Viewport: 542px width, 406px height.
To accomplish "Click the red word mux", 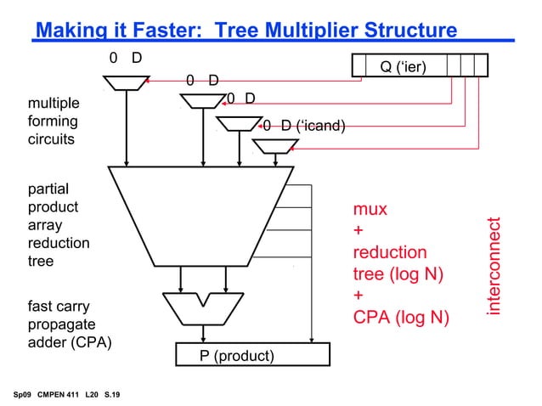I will point(370,209).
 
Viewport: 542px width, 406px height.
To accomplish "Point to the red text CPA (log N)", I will point(400,319).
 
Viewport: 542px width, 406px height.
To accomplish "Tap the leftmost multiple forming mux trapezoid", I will point(126,82).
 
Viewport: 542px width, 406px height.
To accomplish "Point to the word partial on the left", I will point(50,189).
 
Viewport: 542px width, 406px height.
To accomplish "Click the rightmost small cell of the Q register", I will point(481,65).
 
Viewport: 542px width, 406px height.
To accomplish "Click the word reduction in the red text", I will point(390,252).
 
